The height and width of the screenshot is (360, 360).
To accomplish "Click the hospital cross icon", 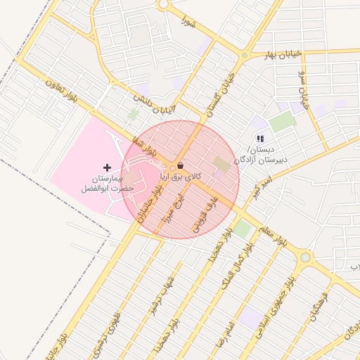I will click(x=107, y=167).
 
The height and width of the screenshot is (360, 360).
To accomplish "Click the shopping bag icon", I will click(x=181, y=165).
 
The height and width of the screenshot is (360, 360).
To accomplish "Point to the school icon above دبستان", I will click(x=260, y=139).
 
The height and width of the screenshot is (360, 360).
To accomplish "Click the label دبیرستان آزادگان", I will click(x=259, y=160).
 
